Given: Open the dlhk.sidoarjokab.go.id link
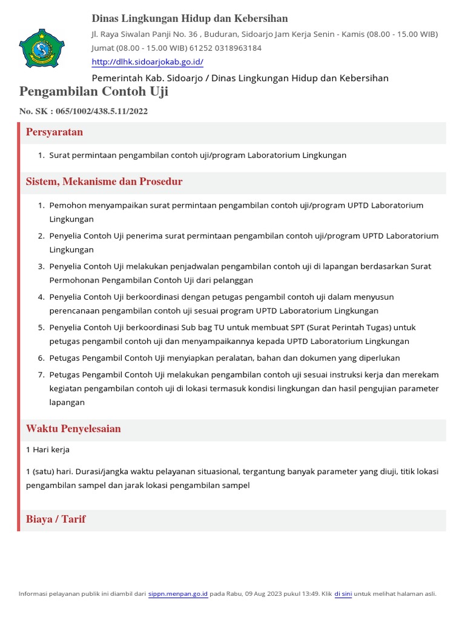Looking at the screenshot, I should tap(147, 62).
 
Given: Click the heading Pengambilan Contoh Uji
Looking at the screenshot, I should tap(94, 92).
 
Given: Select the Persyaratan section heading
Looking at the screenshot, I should tap(54, 132).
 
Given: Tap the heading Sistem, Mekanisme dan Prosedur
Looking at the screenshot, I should tap(104, 182).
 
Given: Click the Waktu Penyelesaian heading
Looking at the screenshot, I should tap(73, 429).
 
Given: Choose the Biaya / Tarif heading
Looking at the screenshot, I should tap(56, 519).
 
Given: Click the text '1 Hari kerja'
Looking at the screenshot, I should tap(48, 450).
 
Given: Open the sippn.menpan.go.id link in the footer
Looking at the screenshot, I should tap(178, 594).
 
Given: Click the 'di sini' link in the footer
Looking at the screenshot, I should tap(343, 594).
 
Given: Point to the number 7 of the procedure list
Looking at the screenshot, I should tap(41, 375).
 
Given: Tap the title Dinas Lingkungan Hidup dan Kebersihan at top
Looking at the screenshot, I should tap(190, 19).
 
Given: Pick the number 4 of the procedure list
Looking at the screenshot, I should tap(41, 297).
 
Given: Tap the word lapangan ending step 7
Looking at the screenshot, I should tap(67, 402).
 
